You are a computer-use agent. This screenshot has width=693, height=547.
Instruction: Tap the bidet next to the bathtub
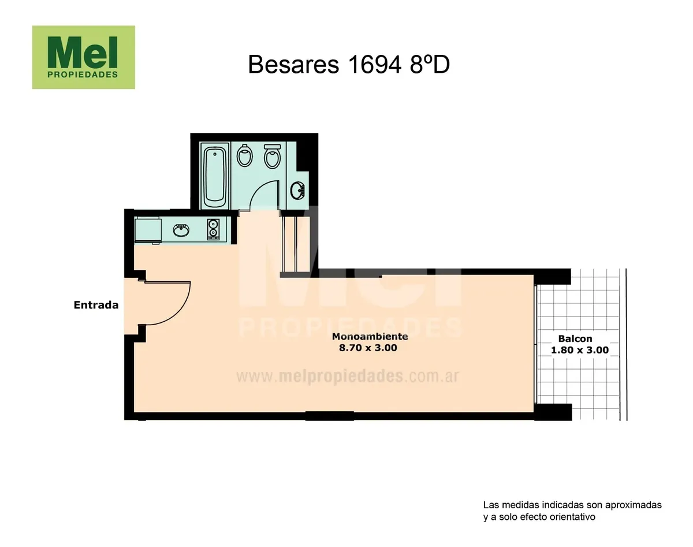click(244, 155)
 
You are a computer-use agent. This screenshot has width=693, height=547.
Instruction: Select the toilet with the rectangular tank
click(272, 156)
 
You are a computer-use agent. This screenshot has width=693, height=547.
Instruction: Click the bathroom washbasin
click(298, 191)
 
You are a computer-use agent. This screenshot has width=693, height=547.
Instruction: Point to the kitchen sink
click(181, 230)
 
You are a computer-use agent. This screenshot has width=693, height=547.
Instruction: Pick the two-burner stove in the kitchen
click(213, 229)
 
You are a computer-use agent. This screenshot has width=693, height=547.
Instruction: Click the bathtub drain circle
click(215, 154)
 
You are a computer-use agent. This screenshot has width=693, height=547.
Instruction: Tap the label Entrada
click(96, 305)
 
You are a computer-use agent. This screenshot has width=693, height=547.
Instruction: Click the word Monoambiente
click(370, 336)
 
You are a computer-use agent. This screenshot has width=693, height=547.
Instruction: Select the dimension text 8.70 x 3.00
click(368, 348)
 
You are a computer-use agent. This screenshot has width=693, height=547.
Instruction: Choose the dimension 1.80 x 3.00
click(580, 350)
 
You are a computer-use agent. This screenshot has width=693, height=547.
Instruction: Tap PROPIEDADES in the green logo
click(83, 75)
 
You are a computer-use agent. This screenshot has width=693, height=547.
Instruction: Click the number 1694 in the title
click(375, 65)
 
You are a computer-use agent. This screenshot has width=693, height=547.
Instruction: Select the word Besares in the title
click(293, 65)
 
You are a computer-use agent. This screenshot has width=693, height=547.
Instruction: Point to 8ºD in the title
click(430, 65)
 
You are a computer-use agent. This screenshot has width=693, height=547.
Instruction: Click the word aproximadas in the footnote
click(634, 505)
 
